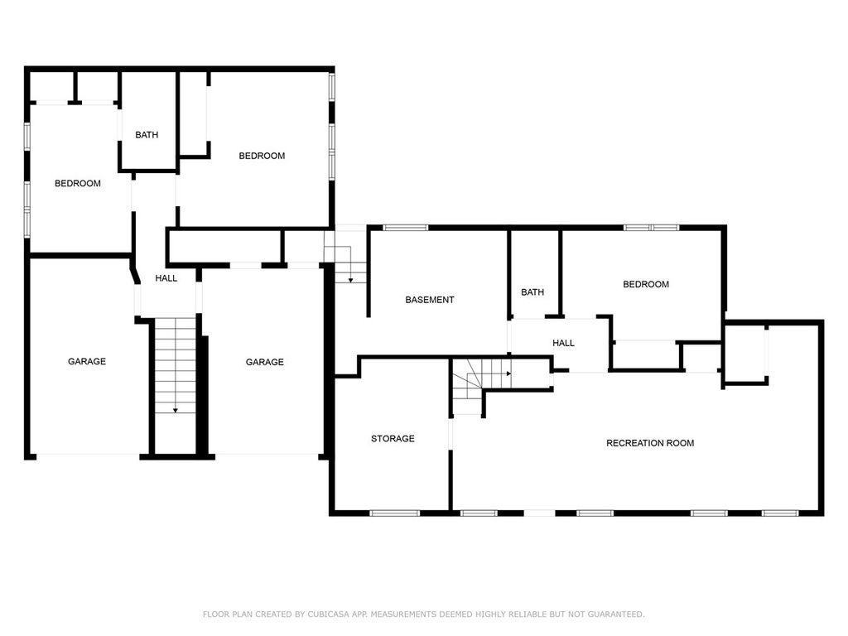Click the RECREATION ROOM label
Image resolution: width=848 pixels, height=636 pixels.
click(x=650, y=443)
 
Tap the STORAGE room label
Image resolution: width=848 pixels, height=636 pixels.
click(x=393, y=439)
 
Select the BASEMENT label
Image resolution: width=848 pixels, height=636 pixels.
click(x=430, y=300)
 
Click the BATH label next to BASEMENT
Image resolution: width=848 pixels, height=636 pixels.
click(x=532, y=292)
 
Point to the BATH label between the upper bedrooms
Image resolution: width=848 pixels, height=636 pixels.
click(x=147, y=135)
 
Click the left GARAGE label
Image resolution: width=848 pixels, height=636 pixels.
click(x=86, y=361)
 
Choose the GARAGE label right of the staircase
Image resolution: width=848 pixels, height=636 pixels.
click(x=264, y=362)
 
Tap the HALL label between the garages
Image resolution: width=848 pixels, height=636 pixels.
click(x=166, y=278)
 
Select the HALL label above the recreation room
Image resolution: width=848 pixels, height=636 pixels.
click(x=563, y=343)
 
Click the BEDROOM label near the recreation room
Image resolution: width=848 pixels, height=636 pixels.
click(x=646, y=284)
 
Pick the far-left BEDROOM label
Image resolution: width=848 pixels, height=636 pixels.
click(x=77, y=183)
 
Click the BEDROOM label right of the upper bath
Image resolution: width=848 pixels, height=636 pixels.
click(x=262, y=156)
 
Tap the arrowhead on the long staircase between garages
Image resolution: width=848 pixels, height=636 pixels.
click(x=176, y=411)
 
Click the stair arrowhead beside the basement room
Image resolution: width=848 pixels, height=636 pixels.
click(x=350, y=280)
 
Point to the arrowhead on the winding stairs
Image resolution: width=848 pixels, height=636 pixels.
click(x=508, y=373)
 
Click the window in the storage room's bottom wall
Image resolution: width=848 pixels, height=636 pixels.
click(x=395, y=513)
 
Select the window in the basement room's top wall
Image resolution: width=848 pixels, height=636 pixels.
click(x=406, y=228)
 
